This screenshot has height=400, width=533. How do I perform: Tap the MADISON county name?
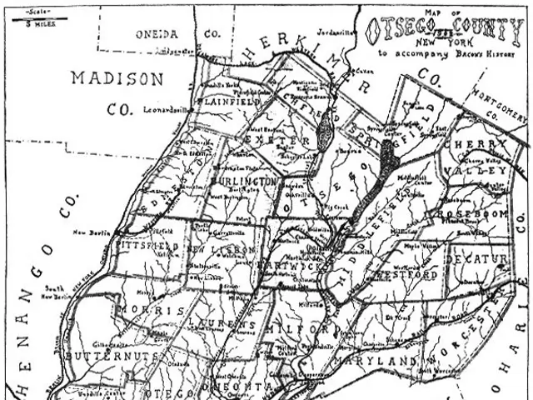(x=117, y=78)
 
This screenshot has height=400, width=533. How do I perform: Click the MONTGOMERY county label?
(x=499, y=103)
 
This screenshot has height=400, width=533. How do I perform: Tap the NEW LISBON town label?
(x=219, y=250)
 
